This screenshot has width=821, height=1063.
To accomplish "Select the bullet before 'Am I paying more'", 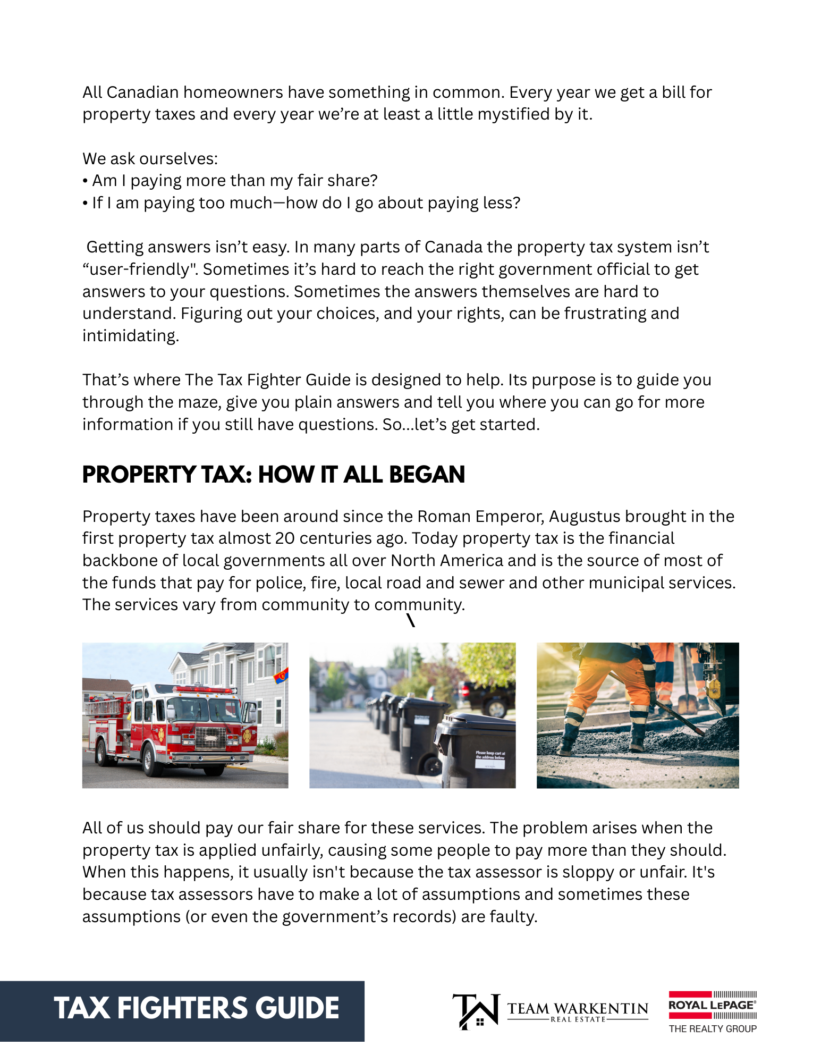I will coord(85,181).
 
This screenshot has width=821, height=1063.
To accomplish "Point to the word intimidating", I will coord(130,336).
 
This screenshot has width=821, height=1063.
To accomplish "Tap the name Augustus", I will coord(585,517).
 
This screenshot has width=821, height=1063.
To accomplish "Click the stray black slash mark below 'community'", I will coord(411,620).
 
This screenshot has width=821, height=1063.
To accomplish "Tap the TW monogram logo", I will coord(476,1011).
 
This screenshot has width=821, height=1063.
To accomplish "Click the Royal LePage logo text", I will coord(711,1005).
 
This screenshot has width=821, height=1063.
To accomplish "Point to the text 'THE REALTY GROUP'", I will coord(712,1029).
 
